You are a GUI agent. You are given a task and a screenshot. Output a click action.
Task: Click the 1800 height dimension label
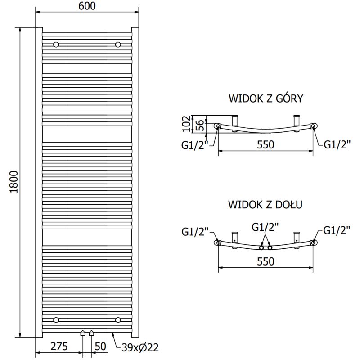click(14, 182)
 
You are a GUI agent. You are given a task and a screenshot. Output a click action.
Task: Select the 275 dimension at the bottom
click(59, 346)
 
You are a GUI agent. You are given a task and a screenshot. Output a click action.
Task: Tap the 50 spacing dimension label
click(101, 346)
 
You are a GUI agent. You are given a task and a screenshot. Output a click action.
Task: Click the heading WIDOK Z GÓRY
click(266, 99)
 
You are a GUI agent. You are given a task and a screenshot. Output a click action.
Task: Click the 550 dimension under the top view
click(265, 144)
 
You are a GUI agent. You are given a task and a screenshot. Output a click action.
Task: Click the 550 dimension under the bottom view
click(265, 261)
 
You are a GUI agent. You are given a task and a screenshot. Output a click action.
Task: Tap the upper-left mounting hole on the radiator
click(56, 45)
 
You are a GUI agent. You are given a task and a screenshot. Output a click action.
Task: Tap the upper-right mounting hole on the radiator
click(118, 45)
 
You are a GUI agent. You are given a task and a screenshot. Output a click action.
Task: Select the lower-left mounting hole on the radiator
click(56, 320)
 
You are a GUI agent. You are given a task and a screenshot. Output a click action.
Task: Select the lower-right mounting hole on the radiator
click(118, 320)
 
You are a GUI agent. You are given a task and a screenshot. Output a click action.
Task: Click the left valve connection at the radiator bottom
click(83, 333)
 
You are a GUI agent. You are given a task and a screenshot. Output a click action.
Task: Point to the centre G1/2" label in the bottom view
click(265, 227)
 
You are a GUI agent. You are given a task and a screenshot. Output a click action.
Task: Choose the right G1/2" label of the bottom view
click(337, 231)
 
